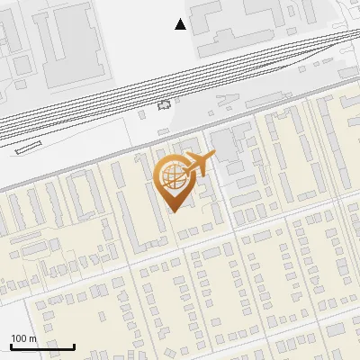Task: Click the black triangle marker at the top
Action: coord(181,24)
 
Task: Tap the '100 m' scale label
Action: coord(23,338)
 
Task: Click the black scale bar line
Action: coord(42,346)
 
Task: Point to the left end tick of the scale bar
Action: coord(11,345)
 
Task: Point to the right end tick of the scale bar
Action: coord(74,345)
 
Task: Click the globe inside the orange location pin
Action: coord(171,176)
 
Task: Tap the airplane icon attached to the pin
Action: coord(199,164)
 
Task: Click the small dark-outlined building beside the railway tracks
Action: coord(164,105)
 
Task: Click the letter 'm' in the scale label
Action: coord(31,338)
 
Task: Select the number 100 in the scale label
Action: coord(19,338)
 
